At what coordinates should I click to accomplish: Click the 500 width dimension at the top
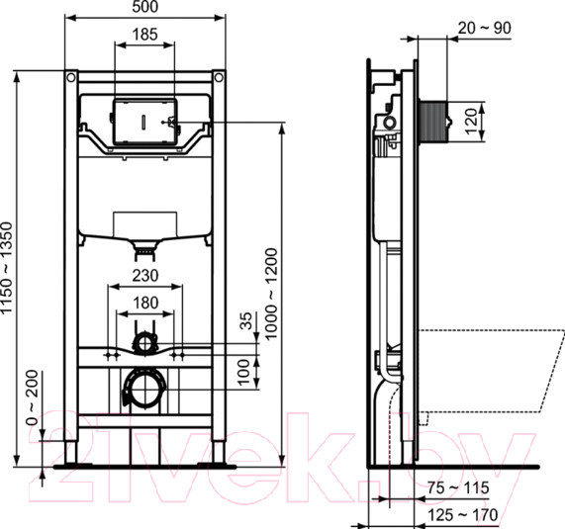pyautogui.click(x=144, y=8)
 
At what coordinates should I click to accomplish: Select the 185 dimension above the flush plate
pyautogui.click(x=144, y=35)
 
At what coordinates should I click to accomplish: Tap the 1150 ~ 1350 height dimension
pyautogui.click(x=9, y=267)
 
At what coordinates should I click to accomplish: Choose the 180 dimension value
pyautogui.click(x=144, y=303)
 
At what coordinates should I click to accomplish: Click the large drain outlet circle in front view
pyautogui.click(x=144, y=386)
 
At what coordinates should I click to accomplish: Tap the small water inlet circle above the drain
pyautogui.click(x=144, y=343)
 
